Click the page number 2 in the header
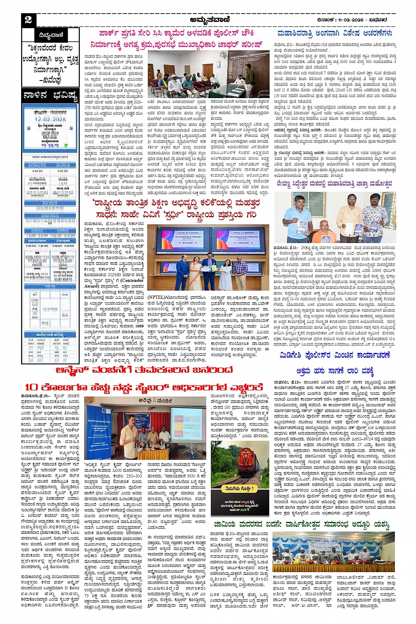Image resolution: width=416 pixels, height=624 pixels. [28, 19]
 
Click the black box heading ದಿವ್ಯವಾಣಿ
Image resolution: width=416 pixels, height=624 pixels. [51, 35]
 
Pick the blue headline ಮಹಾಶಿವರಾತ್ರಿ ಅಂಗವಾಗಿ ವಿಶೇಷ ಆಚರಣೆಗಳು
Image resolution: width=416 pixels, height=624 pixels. [335, 33]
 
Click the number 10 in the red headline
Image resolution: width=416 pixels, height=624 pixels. [32, 387]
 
